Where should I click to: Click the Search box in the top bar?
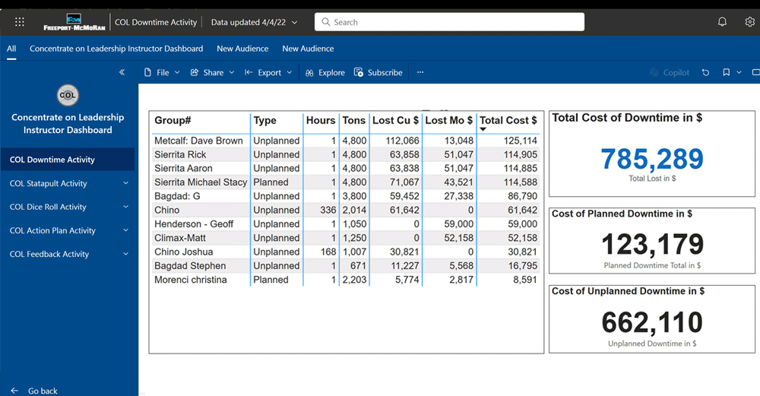point(450,22)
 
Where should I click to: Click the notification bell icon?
point(722,22)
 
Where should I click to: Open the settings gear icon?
point(749,22)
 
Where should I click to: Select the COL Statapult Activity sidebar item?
point(49,183)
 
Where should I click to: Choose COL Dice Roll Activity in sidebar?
point(48,207)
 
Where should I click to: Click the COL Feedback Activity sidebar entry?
point(49,254)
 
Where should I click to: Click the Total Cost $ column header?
point(508,120)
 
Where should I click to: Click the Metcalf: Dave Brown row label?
point(198,141)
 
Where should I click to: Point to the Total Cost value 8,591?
point(524,280)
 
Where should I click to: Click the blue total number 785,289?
point(651,158)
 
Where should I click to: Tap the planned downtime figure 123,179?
point(651,244)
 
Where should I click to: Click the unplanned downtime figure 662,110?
point(651,322)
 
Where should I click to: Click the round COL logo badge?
point(68,96)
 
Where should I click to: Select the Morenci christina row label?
point(190,280)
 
